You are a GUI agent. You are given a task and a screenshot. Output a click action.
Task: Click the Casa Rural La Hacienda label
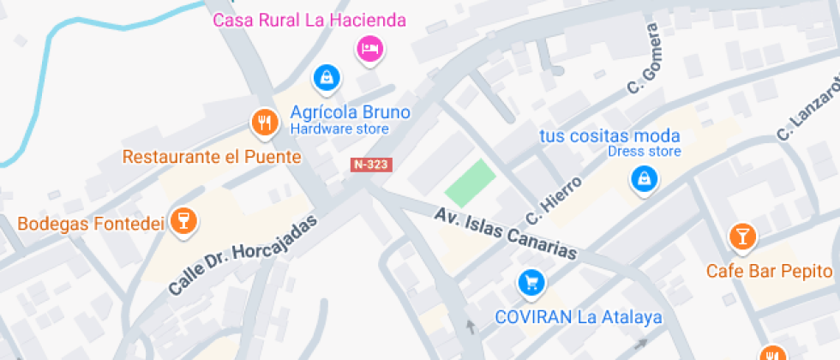point(309,20)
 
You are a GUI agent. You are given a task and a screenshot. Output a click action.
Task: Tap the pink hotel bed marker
point(369,48)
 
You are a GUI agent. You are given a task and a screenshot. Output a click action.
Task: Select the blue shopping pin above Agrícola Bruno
point(326,78)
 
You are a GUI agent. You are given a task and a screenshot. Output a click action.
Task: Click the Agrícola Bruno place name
point(350,112)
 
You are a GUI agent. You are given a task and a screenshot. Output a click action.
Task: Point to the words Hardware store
point(339,129)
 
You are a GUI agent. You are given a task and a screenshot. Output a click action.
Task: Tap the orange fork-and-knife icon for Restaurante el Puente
point(265,123)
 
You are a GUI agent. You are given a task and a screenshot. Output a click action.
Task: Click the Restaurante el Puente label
point(212,157)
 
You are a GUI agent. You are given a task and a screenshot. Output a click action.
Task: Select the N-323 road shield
point(371,165)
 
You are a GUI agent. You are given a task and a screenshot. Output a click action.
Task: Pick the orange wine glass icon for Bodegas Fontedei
point(182,220)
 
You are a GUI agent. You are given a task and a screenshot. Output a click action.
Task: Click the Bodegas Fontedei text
point(90,224)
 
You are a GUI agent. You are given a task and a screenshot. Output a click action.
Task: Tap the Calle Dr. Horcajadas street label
point(243,255)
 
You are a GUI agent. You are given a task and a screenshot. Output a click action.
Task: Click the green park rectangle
point(471,183)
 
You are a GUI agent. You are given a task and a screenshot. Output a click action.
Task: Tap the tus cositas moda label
point(609,135)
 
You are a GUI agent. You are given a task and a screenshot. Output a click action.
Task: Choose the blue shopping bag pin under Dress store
point(644,179)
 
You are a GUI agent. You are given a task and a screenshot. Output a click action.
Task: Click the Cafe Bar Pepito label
point(770,271)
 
